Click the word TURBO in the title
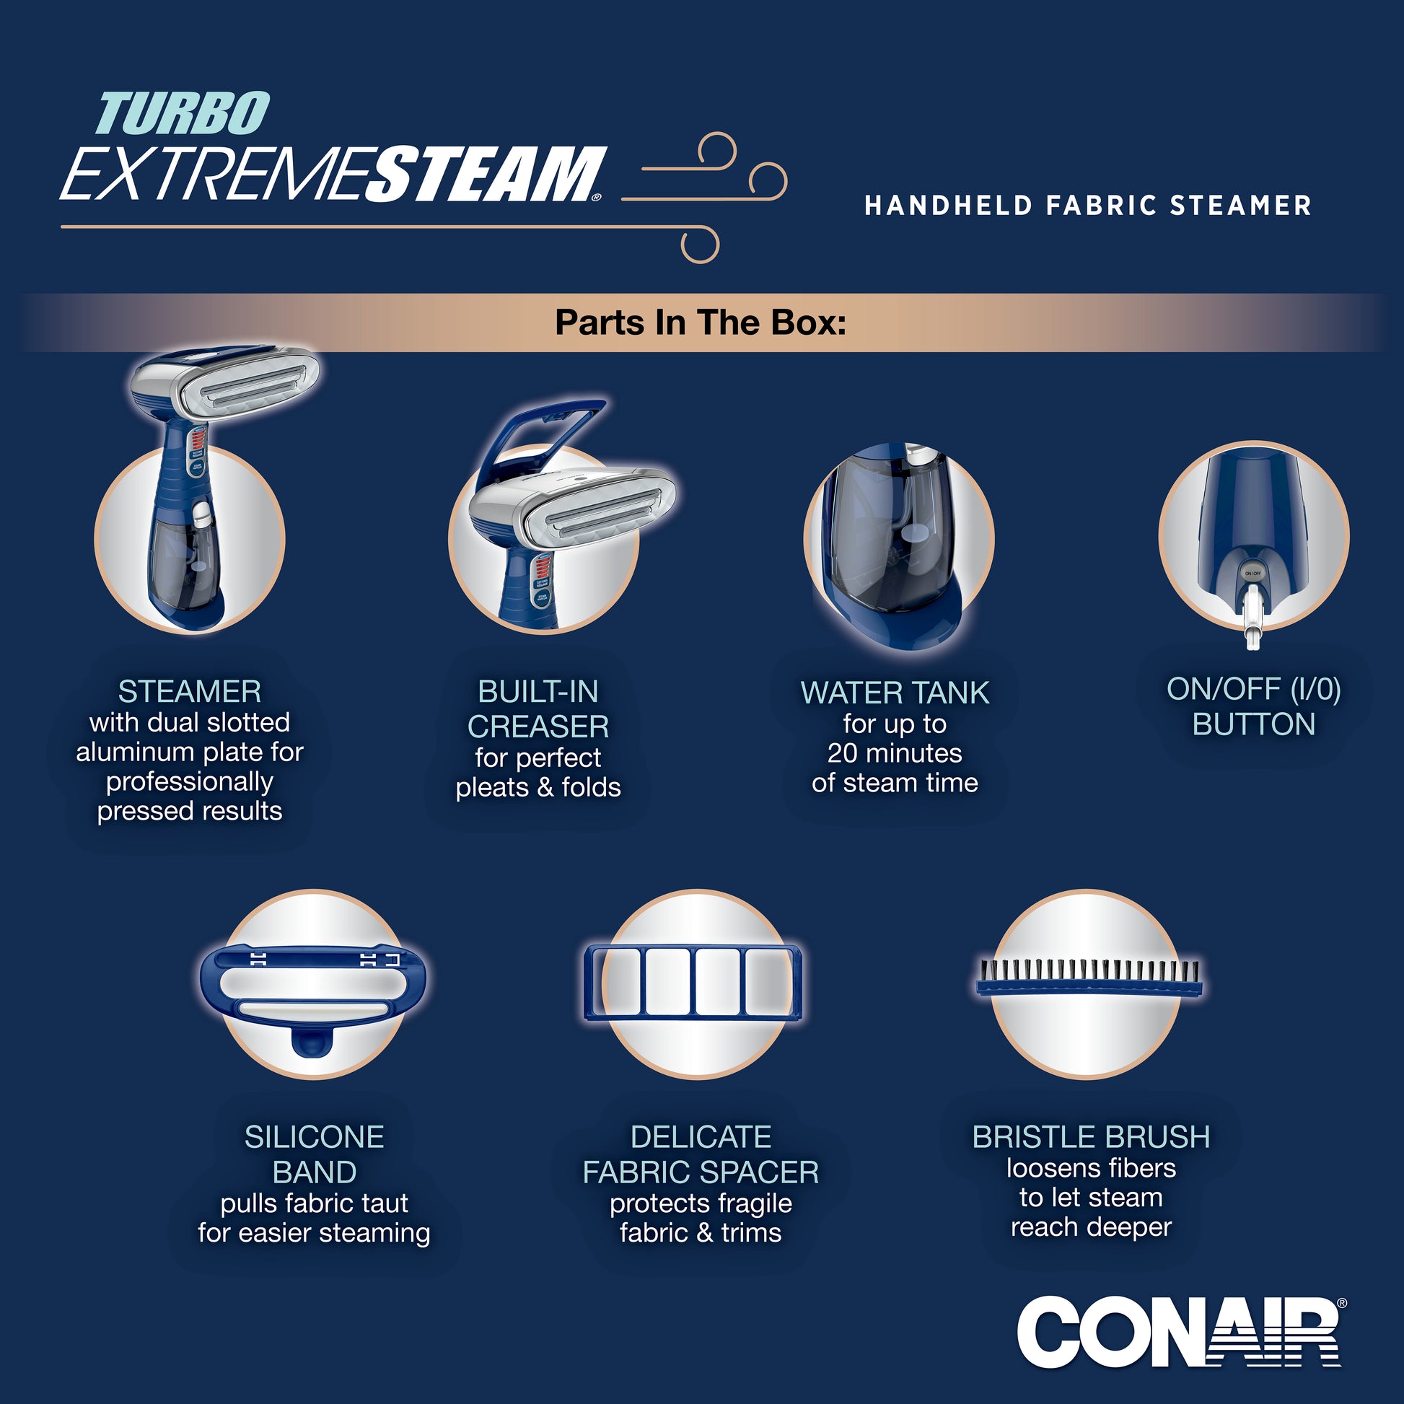(x=183, y=113)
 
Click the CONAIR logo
(x=1180, y=1332)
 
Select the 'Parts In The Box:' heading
(x=701, y=322)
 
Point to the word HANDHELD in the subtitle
(x=948, y=206)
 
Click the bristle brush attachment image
(x=1089, y=978)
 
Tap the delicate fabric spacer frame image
(x=696, y=982)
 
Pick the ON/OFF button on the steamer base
(x=1252, y=574)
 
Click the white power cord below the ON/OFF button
(x=1252, y=618)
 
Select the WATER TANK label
(x=895, y=693)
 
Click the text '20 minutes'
(x=895, y=753)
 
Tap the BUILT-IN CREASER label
(x=538, y=709)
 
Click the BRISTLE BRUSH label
(x=1091, y=1137)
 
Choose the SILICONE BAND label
(x=314, y=1155)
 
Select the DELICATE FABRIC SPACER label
(x=701, y=1155)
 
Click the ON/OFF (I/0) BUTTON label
(x=1254, y=706)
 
